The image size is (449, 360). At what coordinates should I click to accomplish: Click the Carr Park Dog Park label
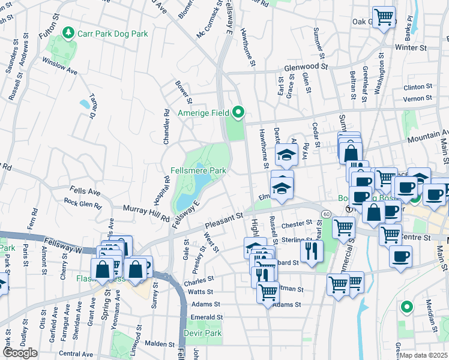[112, 34]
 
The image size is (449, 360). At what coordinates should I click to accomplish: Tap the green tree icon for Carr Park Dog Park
[69, 32]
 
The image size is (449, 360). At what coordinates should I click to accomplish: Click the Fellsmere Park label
[197, 170]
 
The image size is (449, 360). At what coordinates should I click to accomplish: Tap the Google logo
[20, 353]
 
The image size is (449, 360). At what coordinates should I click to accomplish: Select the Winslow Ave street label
[59, 66]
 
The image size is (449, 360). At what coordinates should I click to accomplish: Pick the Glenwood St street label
[305, 68]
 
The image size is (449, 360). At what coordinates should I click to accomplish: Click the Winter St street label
[410, 47]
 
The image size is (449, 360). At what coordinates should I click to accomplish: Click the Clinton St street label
[418, 86]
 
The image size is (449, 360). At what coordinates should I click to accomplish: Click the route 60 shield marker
[325, 214]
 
